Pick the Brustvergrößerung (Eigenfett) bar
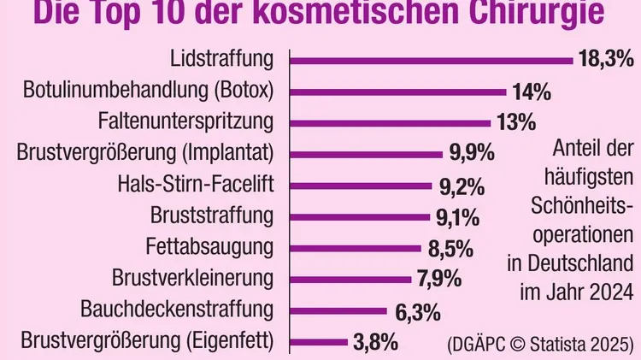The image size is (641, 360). (x=315, y=342)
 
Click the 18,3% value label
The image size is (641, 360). (x=604, y=60)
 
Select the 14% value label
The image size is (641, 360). (x=531, y=91)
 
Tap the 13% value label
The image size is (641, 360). (x=515, y=122)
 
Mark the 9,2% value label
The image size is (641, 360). (x=462, y=185)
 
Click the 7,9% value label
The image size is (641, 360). (x=438, y=279)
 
